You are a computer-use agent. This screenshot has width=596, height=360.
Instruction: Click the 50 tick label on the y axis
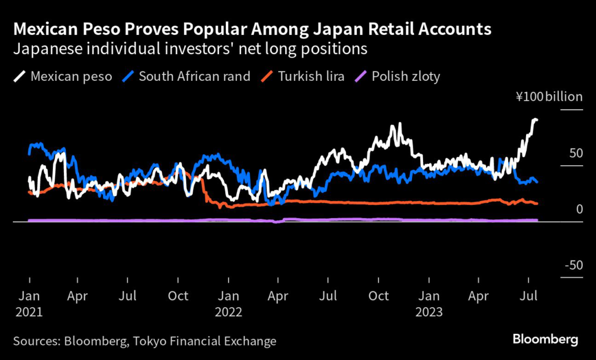click(575, 153)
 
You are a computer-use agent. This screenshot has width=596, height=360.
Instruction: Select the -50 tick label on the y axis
click(573, 265)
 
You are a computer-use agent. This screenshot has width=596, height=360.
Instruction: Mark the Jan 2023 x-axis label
click(429, 304)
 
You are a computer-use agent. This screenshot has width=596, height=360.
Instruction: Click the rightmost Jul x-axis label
click(528, 296)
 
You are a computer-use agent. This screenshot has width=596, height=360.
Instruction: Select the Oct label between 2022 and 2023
click(379, 296)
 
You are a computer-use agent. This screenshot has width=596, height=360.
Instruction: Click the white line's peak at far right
click(535, 119)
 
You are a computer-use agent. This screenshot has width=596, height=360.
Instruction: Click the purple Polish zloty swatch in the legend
click(361, 76)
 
